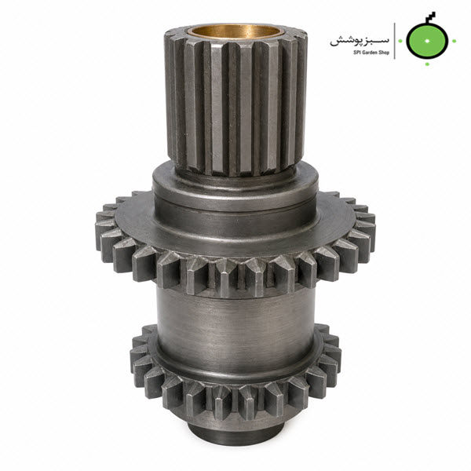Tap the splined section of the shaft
coord(236,102)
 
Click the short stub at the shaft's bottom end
coord(235,435)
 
